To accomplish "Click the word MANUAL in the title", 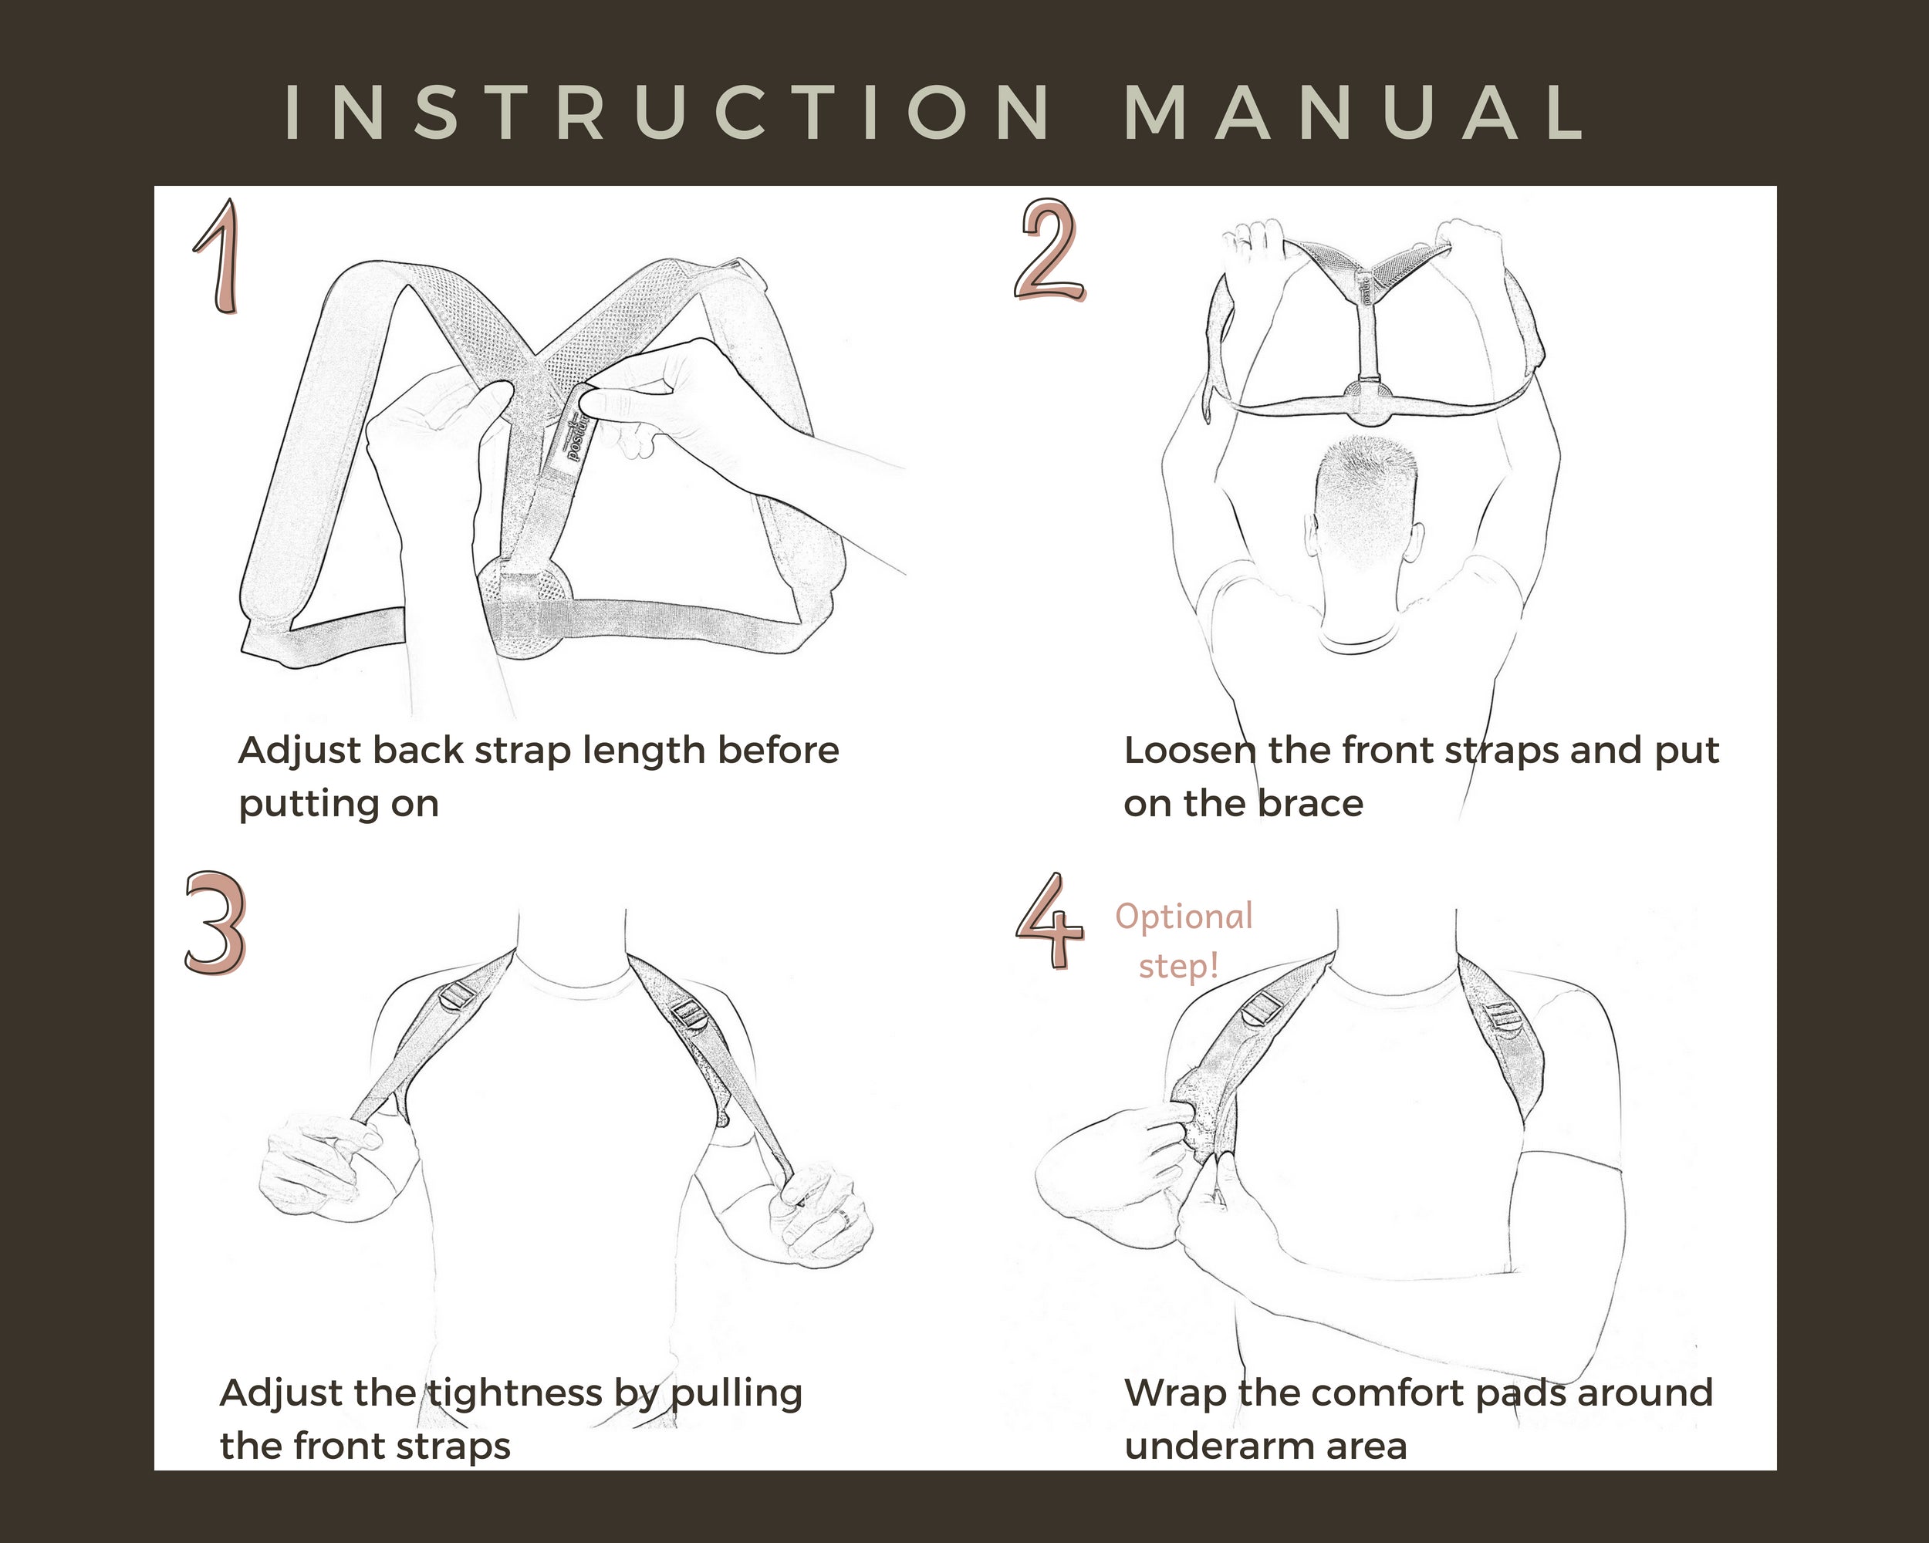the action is (1353, 113).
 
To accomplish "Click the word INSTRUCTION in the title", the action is (667, 113).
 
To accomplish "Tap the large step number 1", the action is (218, 257).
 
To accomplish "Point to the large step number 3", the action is (215, 923).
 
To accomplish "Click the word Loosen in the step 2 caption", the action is (1190, 751).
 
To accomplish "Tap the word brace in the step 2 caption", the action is (1311, 803).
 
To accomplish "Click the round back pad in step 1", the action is (525, 608).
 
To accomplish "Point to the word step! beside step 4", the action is (1178, 967).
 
